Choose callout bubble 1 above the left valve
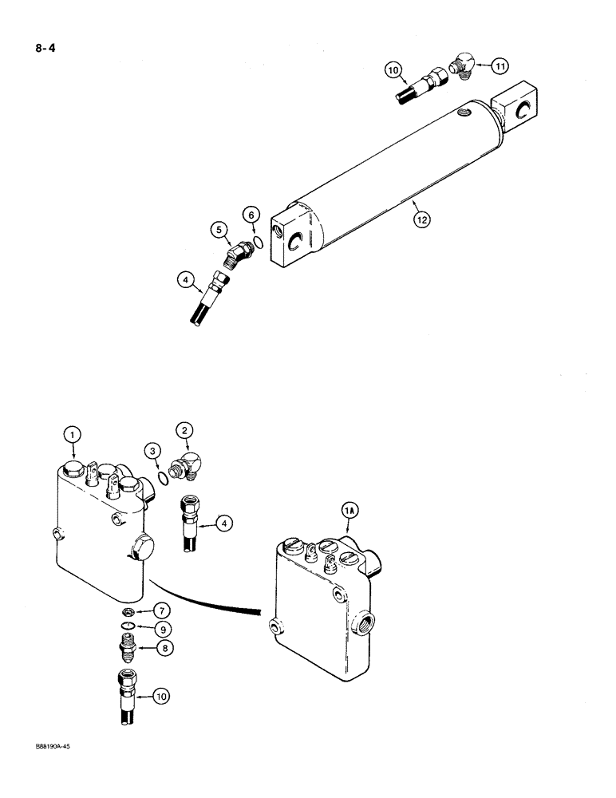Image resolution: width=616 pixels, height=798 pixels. point(72,434)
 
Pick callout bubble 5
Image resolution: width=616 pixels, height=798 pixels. point(219,231)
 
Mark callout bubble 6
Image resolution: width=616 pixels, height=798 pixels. point(251,215)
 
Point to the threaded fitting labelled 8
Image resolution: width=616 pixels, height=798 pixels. point(128,647)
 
